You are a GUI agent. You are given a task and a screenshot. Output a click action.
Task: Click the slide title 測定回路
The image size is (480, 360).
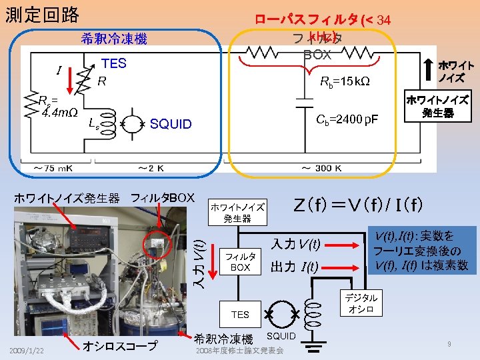41,15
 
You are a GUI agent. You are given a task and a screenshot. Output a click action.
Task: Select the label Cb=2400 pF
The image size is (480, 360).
347,119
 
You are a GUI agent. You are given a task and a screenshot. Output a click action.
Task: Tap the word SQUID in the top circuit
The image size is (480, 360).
171,124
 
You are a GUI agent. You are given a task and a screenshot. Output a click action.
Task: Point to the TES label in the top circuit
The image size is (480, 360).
113,63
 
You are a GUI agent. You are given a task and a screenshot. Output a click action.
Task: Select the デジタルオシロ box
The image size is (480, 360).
361,303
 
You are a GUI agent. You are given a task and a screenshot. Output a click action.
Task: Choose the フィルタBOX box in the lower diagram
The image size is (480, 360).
240,261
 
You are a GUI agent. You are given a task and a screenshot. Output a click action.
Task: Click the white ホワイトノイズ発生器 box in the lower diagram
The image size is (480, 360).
237,213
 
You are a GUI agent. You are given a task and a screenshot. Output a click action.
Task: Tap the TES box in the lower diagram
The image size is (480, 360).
240,314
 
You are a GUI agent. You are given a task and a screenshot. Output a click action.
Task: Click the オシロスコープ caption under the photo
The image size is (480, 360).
120,345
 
